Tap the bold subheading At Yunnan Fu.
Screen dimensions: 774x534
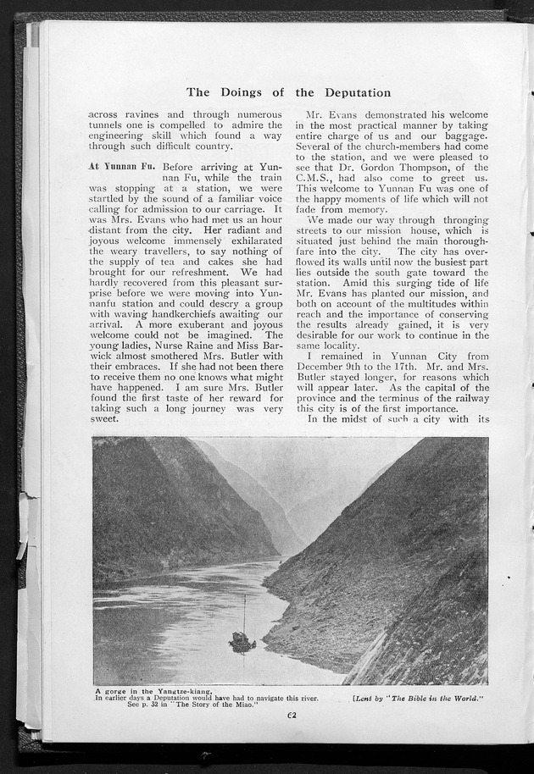(121, 167)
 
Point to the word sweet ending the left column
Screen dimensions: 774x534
(105, 417)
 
